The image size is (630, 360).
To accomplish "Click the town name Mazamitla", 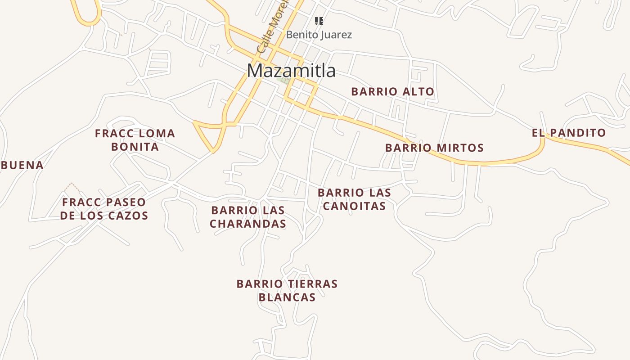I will [291, 71].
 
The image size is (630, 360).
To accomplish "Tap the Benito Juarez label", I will [319, 35].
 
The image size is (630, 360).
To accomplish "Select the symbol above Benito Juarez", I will [319, 21].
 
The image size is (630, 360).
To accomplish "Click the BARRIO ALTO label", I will [392, 92].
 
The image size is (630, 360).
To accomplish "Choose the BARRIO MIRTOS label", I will [434, 148].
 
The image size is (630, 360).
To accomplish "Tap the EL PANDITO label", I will [569, 133].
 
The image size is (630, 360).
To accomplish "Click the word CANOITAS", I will [354, 206].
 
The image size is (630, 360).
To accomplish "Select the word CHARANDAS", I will [248, 223].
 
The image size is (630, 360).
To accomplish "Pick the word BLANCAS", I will [287, 297].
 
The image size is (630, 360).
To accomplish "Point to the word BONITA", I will [135, 147].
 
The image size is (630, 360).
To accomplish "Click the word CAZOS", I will [130, 216].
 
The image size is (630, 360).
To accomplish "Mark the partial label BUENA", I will [22, 165].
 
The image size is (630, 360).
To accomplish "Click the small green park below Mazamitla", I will [284, 81].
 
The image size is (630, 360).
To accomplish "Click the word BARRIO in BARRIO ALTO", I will [372, 92].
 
